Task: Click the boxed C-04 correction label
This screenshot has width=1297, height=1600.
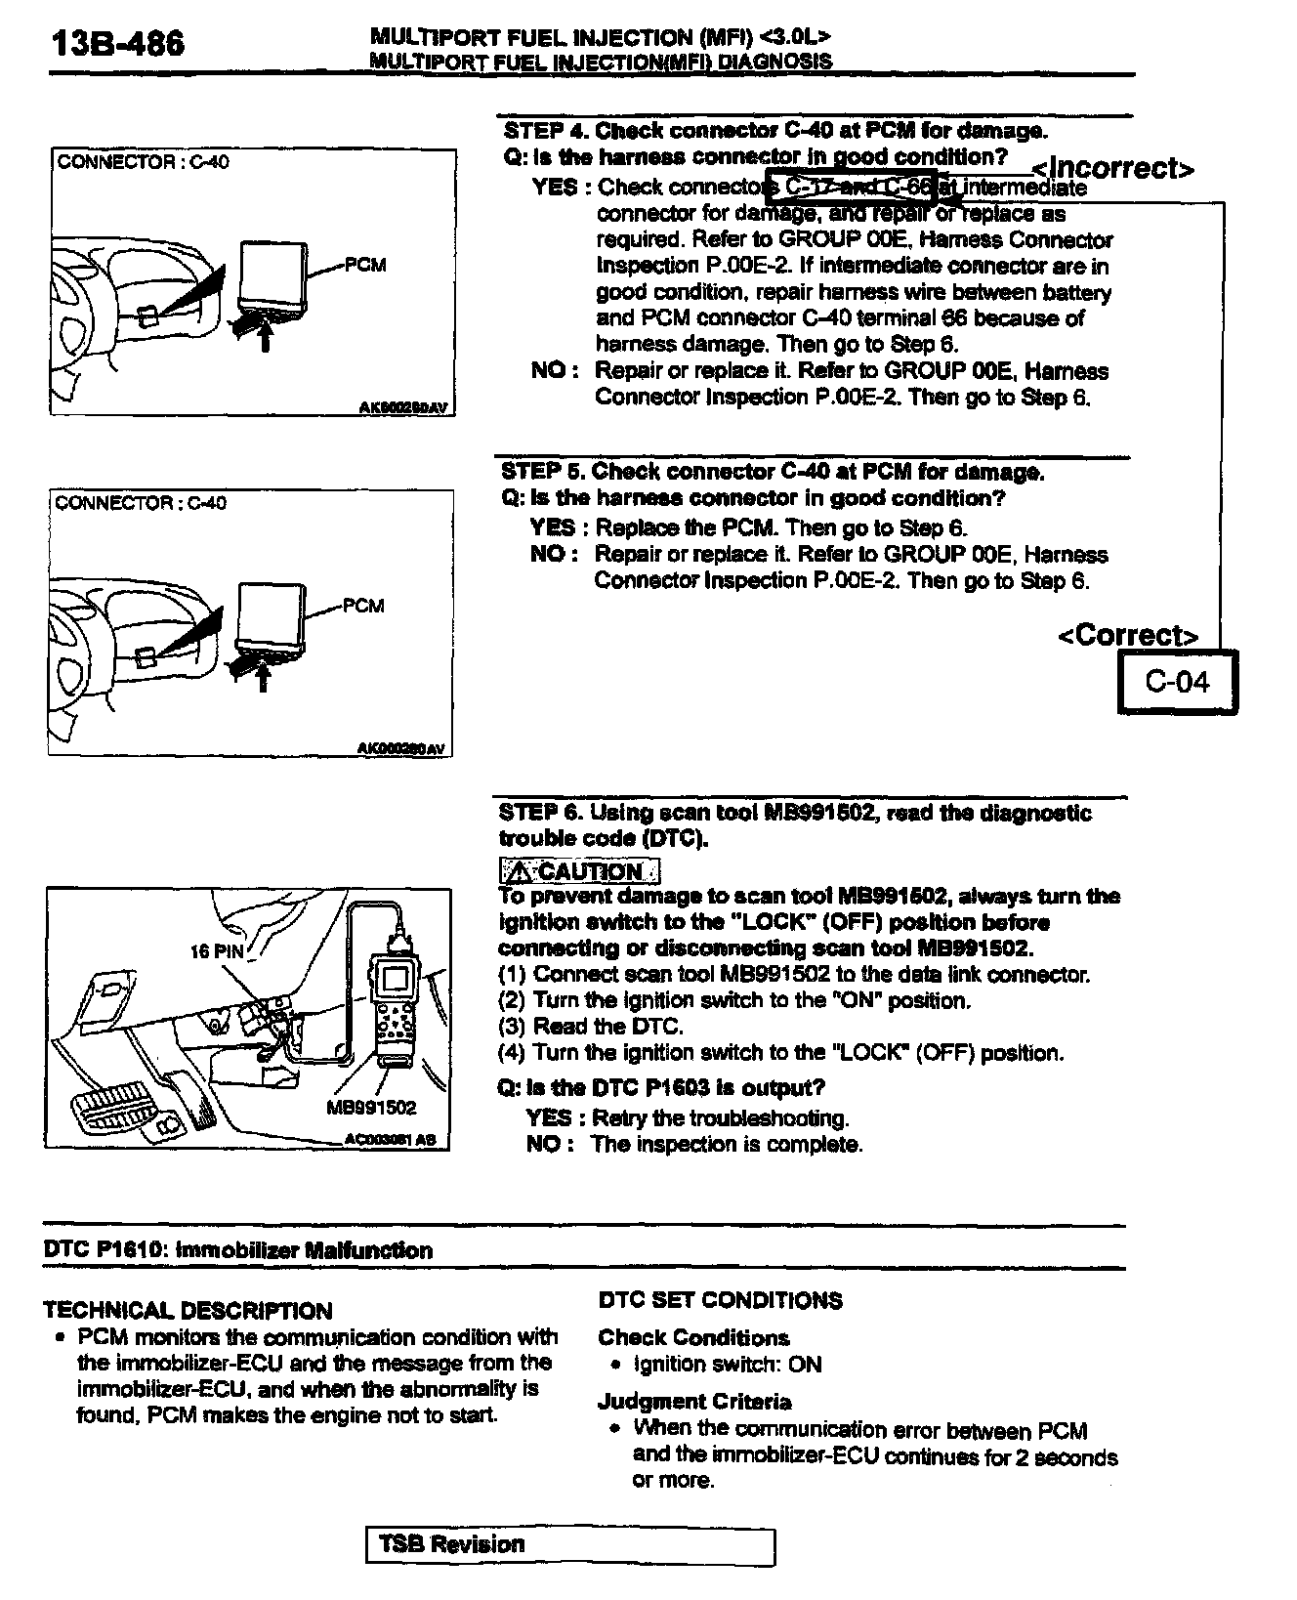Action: point(1177,682)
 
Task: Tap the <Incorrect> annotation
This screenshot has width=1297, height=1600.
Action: point(1113,168)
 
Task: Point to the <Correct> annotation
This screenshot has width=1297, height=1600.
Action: point(1128,636)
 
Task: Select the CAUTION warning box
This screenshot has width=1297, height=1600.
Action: point(579,870)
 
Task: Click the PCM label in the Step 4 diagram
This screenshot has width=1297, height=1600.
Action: point(365,265)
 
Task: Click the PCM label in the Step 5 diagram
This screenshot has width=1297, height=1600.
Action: point(363,606)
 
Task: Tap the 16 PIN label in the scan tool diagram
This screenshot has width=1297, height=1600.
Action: point(216,950)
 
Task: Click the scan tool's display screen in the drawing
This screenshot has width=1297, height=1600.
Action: point(397,977)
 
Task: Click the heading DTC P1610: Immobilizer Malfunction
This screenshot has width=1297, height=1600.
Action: point(238,1250)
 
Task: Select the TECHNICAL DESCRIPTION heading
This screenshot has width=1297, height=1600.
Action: point(188,1311)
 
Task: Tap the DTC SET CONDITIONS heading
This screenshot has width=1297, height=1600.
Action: point(720,1300)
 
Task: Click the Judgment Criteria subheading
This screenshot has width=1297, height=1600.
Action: point(694,1402)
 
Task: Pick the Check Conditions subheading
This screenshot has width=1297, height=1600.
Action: point(693,1337)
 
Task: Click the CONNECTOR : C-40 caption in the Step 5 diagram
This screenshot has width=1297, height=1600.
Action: point(141,503)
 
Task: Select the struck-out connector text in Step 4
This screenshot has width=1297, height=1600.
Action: point(850,186)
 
